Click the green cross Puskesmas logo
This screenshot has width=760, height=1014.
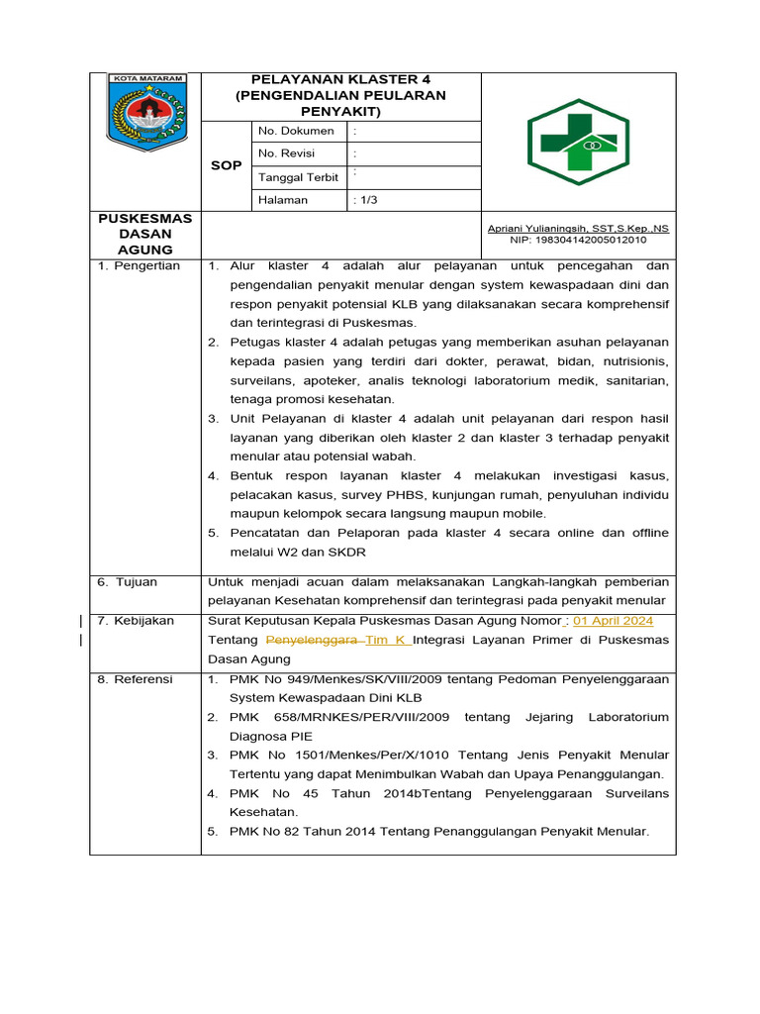(x=579, y=142)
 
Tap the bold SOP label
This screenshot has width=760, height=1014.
(x=226, y=165)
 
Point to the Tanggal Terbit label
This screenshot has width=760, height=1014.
(x=298, y=177)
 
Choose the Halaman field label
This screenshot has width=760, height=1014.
(x=283, y=200)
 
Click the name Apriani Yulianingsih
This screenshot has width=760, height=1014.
(x=535, y=229)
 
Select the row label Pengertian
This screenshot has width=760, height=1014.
(x=144, y=266)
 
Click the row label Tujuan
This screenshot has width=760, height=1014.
(x=134, y=582)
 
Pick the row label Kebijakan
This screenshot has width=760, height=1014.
(x=142, y=621)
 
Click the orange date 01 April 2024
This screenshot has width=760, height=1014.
(x=613, y=621)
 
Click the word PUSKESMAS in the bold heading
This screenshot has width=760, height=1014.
(x=144, y=218)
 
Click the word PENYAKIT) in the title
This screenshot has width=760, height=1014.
(x=340, y=112)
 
